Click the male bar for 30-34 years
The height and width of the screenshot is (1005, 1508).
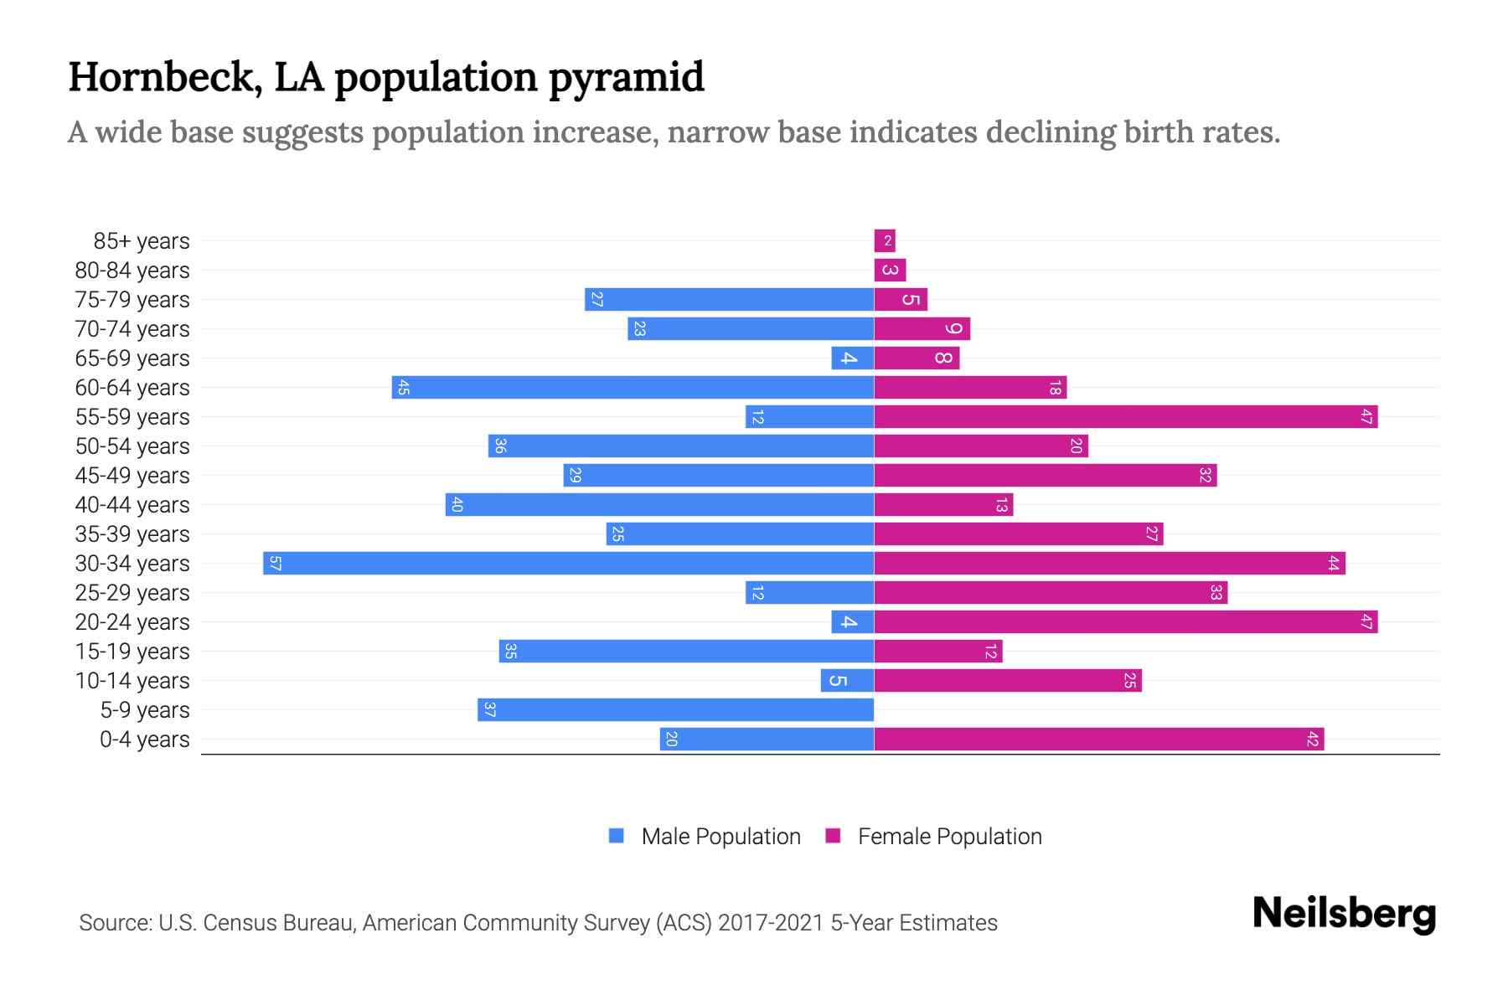568,563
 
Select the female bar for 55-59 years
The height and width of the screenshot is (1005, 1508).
1125,416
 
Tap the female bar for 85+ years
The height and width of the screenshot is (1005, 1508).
885,240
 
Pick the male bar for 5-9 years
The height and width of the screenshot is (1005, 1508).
675,709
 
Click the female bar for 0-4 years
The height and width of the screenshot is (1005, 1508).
1098,739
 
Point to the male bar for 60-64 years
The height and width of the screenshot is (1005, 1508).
633,387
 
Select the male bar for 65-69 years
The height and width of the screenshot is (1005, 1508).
852,358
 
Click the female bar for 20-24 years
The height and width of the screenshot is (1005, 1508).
1125,621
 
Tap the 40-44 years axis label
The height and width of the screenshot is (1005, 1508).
132,505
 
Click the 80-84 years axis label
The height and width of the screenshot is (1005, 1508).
132,271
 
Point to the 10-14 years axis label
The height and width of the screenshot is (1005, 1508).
132,681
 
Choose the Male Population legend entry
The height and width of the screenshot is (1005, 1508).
720,836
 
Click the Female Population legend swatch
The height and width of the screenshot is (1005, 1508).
833,836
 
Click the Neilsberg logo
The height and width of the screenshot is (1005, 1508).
1344,914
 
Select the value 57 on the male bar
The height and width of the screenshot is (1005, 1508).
275,563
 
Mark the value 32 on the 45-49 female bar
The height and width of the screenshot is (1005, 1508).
1205,475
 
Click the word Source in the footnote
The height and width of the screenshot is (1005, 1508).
113,923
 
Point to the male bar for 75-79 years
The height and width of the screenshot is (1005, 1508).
729,299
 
